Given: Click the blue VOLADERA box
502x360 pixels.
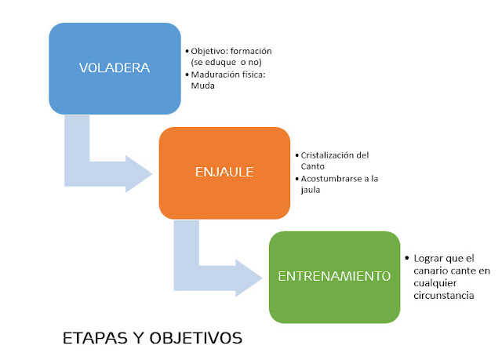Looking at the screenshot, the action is (x=115, y=68).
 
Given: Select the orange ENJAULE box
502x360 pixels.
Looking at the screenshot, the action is (x=225, y=173).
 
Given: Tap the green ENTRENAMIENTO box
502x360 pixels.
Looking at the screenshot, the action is (x=334, y=276).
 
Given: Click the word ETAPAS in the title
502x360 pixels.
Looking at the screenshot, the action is (x=91, y=339).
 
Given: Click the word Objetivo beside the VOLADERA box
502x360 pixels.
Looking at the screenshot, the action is (x=208, y=51).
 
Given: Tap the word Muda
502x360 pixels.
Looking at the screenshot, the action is (x=202, y=86).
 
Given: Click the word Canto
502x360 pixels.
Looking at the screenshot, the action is (x=311, y=165).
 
